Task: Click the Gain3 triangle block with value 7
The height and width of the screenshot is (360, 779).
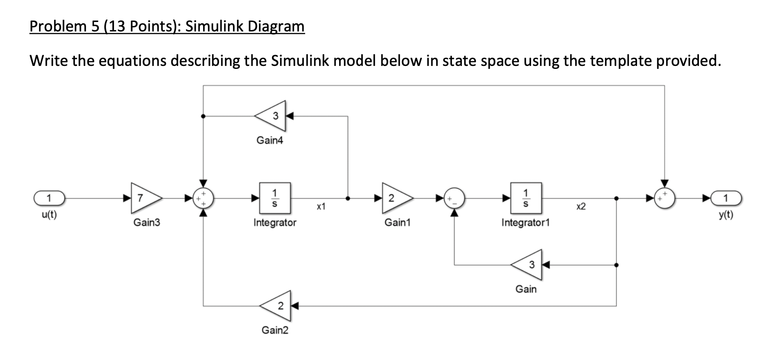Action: click(145, 199)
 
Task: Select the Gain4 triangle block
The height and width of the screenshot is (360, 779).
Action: click(272, 116)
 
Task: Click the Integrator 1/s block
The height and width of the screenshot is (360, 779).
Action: click(275, 198)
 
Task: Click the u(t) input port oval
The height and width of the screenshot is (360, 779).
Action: click(49, 199)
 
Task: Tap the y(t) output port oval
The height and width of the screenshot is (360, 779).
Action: click(726, 199)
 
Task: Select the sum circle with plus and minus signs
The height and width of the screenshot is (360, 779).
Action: click(454, 199)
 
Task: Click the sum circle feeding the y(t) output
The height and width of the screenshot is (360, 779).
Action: click(665, 199)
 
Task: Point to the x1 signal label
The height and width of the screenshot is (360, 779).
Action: click(321, 207)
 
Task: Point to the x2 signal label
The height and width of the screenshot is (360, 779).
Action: click(581, 207)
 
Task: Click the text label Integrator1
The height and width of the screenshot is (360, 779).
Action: click(526, 223)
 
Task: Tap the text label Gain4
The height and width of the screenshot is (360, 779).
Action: click(270, 140)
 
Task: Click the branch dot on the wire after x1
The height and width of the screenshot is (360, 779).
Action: click(348, 199)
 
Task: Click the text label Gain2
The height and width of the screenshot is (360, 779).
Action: click(275, 330)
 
